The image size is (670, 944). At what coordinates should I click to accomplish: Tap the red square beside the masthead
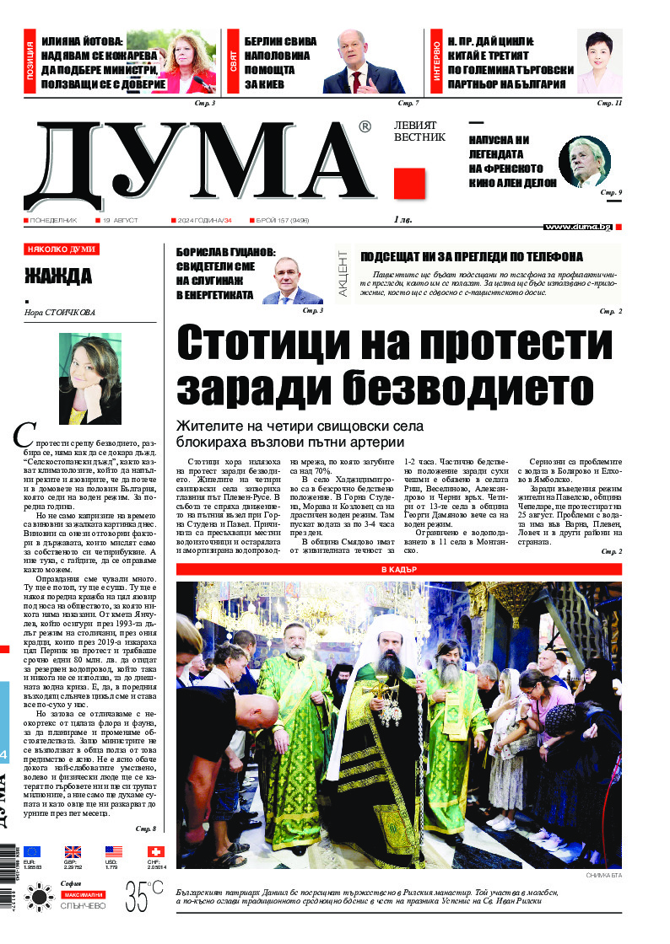409,183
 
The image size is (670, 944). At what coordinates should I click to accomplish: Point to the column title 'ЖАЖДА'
58,276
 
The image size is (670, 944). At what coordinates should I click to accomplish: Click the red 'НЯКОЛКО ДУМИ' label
61,249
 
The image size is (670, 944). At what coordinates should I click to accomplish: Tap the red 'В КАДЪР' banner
398,570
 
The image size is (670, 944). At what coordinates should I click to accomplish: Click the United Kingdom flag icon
73,851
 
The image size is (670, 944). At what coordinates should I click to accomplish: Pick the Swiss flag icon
155,851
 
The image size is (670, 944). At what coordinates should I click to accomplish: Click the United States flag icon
114,851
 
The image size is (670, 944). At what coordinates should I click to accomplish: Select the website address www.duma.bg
578,227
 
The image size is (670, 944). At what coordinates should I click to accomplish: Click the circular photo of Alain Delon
584,161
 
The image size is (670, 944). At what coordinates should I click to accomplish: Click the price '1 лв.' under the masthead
403,220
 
